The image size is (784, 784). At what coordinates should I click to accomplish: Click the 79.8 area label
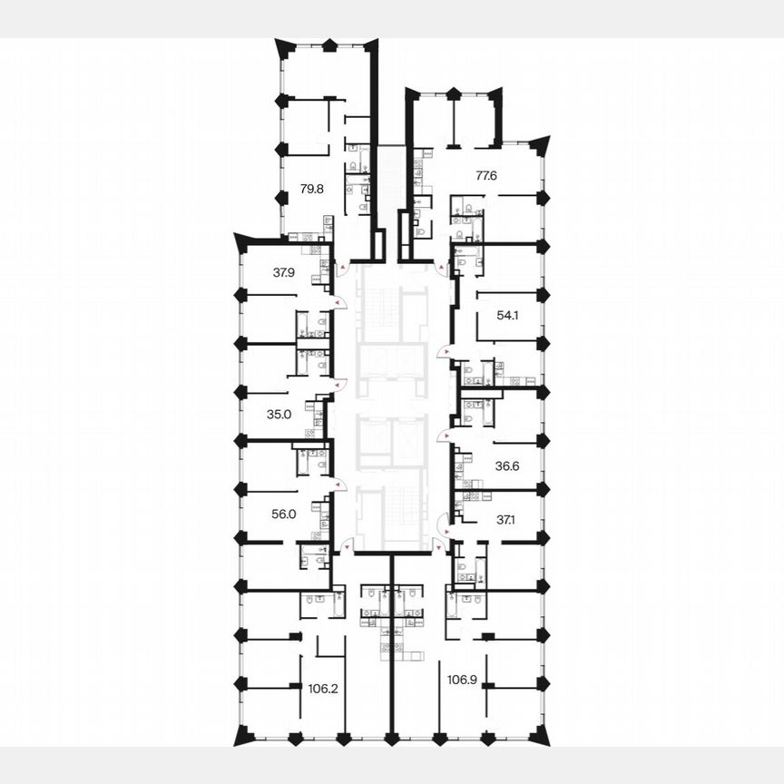(311, 190)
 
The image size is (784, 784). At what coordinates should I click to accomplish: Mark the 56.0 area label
(284, 514)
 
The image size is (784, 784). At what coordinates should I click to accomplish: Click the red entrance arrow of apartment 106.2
(348, 546)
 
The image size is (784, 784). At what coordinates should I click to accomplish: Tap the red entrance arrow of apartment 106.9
(436, 546)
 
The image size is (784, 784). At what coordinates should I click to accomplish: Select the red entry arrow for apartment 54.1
(441, 353)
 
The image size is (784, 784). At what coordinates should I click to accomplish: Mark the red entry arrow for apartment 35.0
(339, 385)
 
